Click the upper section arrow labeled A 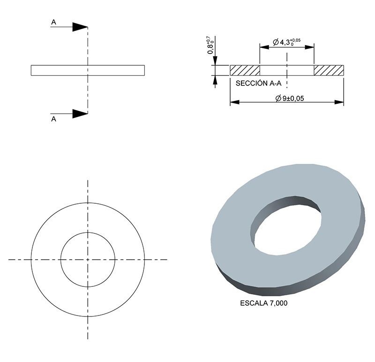(x=80, y=27)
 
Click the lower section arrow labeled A (x=80, y=113)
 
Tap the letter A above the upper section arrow (x=54, y=21)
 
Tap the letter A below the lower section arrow (x=53, y=119)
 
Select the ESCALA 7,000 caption (x=263, y=303)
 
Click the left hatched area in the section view (x=245, y=70)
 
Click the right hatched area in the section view (x=329, y=70)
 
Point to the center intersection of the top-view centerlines (x=88, y=259)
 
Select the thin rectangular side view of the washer (x=56, y=70)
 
